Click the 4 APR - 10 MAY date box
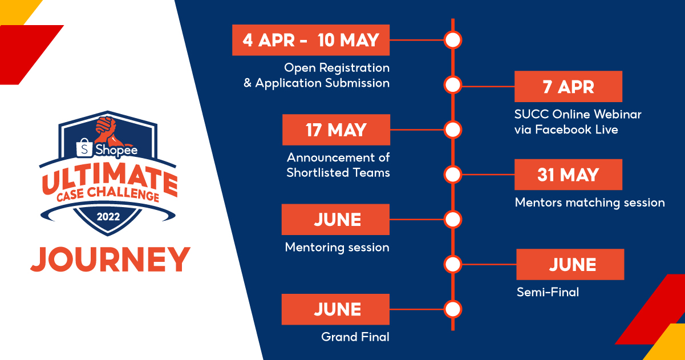[x=311, y=40]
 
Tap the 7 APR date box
[x=568, y=87]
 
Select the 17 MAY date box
[x=336, y=130]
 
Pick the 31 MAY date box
[x=568, y=175]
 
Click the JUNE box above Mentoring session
[x=335, y=219]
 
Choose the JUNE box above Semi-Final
[x=570, y=264]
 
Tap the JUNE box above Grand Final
[x=335, y=309]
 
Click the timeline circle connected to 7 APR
[x=453, y=85]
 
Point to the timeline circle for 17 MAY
[x=453, y=130]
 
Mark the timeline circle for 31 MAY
[x=453, y=175]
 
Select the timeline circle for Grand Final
[x=453, y=309]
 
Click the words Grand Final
[x=355, y=337]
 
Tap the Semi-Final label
[x=548, y=292]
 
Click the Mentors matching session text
[x=590, y=203]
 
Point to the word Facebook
[x=564, y=130]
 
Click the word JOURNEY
[x=111, y=260]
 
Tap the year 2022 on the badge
[x=108, y=217]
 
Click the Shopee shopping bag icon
[x=84, y=148]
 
